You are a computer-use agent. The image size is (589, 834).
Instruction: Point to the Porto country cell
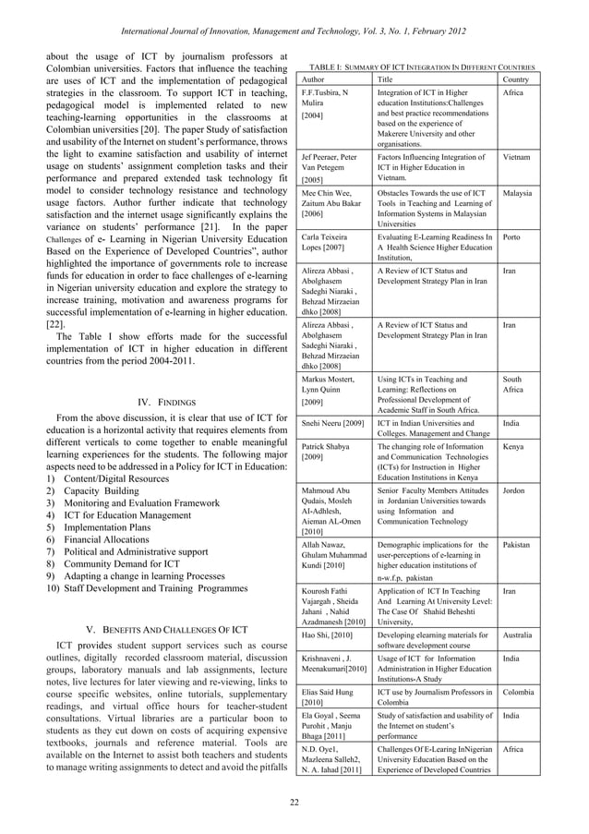(x=513, y=237)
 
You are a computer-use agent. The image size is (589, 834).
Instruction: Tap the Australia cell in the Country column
(x=522, y=635)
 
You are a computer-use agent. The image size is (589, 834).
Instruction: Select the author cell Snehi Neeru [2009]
(x=332, y=424)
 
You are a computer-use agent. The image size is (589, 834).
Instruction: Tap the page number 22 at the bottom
(x=294, y=801)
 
